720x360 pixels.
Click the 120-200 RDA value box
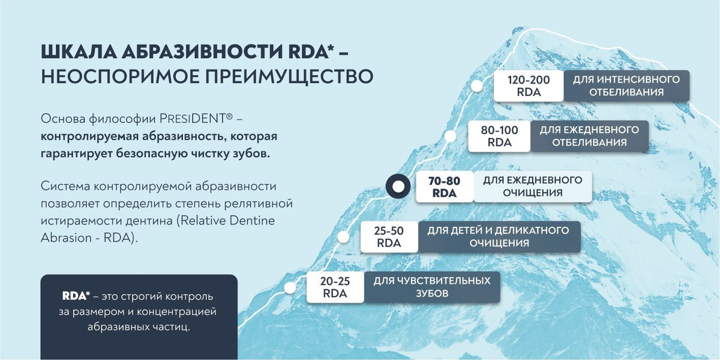click(x=529, y=86)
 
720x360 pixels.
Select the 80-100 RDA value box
click(x=499, y=136)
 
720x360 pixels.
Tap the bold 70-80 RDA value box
click(x=445, y=187)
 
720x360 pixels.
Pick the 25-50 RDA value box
click(x=389, y=237)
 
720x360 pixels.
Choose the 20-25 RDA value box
click(x=335, y=287)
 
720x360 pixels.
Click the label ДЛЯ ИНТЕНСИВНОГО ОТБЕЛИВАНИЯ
click(x=626, y=86)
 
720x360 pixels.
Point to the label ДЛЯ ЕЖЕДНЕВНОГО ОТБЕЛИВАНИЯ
click(x=589, y=136)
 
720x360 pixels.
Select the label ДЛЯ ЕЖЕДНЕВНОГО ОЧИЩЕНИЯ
click(x=533, y=187)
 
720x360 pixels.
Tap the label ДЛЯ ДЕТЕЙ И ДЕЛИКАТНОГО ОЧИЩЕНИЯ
click(x=499, y=237)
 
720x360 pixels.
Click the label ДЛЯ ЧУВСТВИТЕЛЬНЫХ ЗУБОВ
click(x=432, y=287)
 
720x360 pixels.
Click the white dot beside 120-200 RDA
click(x=477, y=86)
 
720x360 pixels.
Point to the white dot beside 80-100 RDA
click(x=451, y=136)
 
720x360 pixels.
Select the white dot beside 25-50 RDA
click(x=343, y=237)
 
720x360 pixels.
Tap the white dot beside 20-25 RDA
click(x=290, y=287)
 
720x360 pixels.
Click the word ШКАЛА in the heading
click(x=79, y=52)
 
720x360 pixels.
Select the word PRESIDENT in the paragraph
click(x=192, y=119)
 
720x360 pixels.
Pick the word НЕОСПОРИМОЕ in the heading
click(x=121, y=77)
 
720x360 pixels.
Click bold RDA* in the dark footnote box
click(x=76, y=296)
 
